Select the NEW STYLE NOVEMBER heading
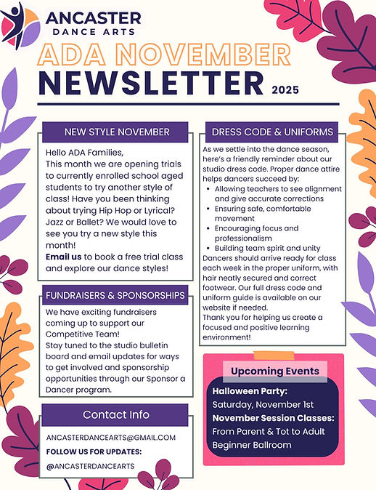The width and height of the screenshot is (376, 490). pos(117,132)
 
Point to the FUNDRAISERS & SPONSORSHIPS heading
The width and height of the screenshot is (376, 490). pos(115,296)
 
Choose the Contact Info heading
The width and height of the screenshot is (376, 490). pos(115,414)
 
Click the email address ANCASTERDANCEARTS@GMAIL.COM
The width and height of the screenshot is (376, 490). pos(110,437)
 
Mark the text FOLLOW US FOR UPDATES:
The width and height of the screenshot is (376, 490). pos(93,451)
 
